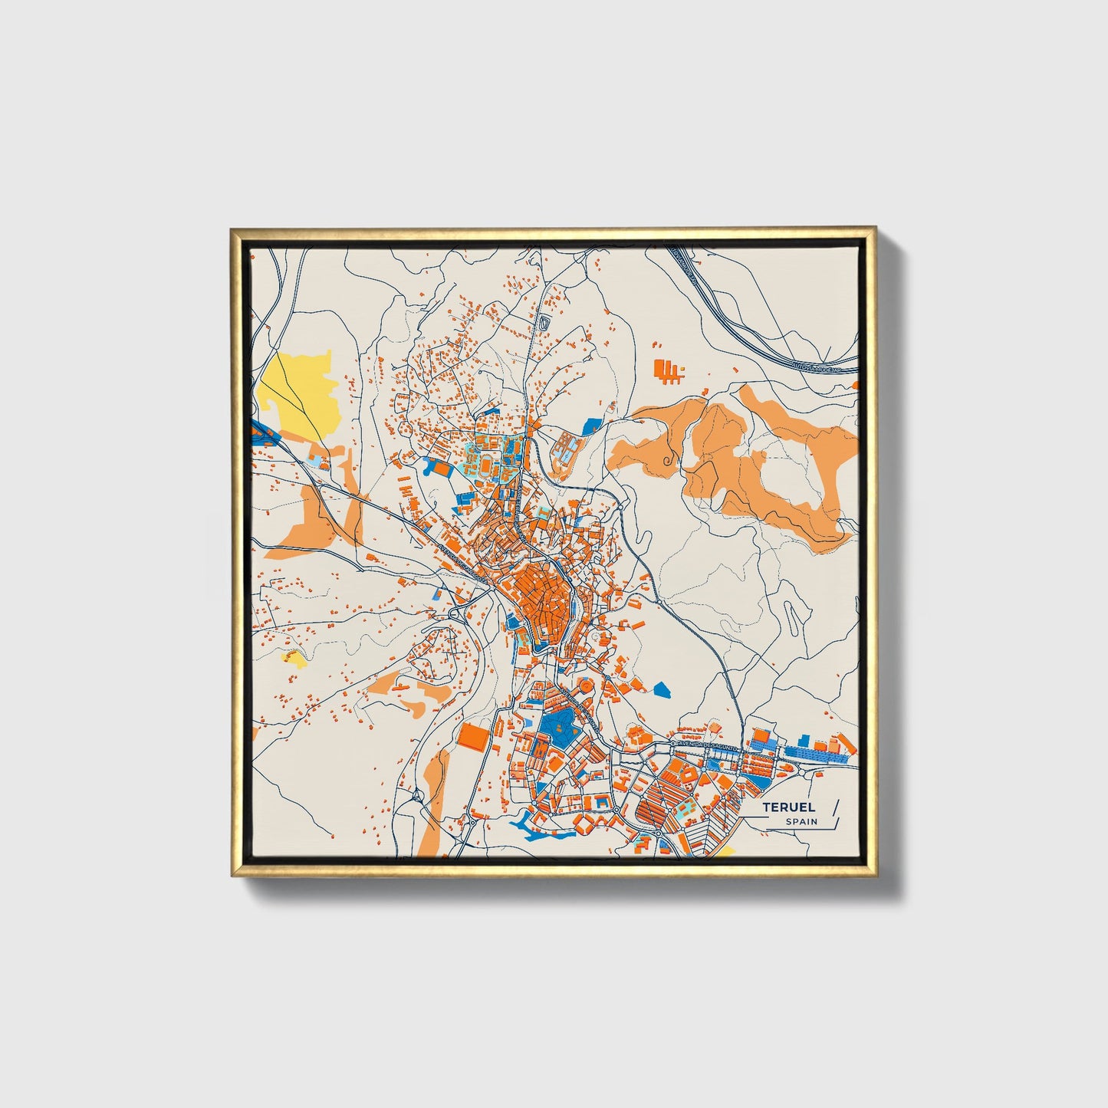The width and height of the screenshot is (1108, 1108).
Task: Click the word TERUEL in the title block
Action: [788, 807]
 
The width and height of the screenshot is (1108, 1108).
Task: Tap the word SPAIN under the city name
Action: [801, 821]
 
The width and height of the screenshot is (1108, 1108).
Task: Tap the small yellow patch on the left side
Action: [294, 658]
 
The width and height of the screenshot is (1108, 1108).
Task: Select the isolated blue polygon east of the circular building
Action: [662, 689]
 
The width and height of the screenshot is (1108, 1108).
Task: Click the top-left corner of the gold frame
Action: [233, 230]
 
